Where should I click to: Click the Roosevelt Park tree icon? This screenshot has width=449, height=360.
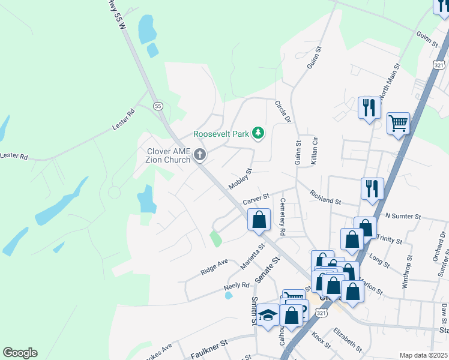click(x=258, y=133)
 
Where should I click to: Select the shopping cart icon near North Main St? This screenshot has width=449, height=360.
click(x=398, y=123)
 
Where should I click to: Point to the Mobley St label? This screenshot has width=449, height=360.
click(x=240, y=179)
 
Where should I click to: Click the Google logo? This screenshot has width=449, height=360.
click(x=20, y=353)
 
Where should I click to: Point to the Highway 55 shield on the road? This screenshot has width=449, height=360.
click(x=158, y=106)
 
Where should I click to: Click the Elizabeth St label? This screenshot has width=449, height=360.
click(x=349, y=339)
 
